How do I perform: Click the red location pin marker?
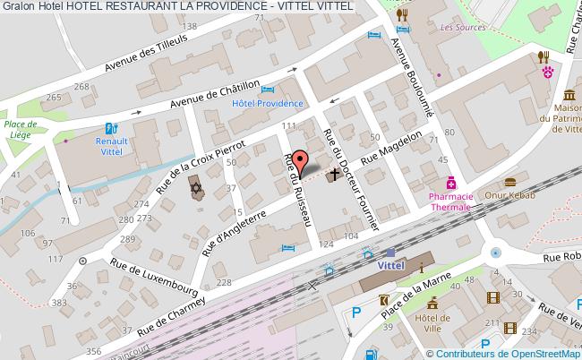pyautogui.click(x=304, y=162)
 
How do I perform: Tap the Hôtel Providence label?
pyautogui.click(x=268, y=103)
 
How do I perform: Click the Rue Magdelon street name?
pyautogui.click(x=390, y=149)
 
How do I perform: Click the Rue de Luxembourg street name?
pyautogui.click(x=153, y=278)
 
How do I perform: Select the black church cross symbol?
pyautogui.click(x=336, y=174)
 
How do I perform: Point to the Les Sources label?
pyautogui.click(x=463, y=28)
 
